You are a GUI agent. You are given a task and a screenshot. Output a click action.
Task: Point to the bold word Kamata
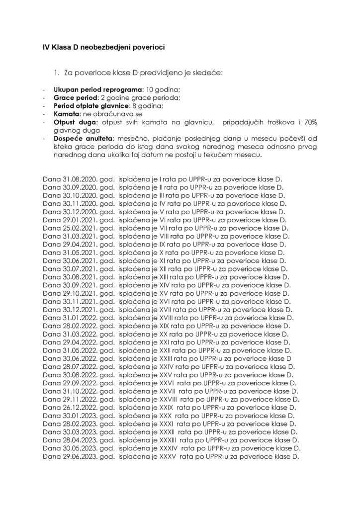click(x=67, y=114)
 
